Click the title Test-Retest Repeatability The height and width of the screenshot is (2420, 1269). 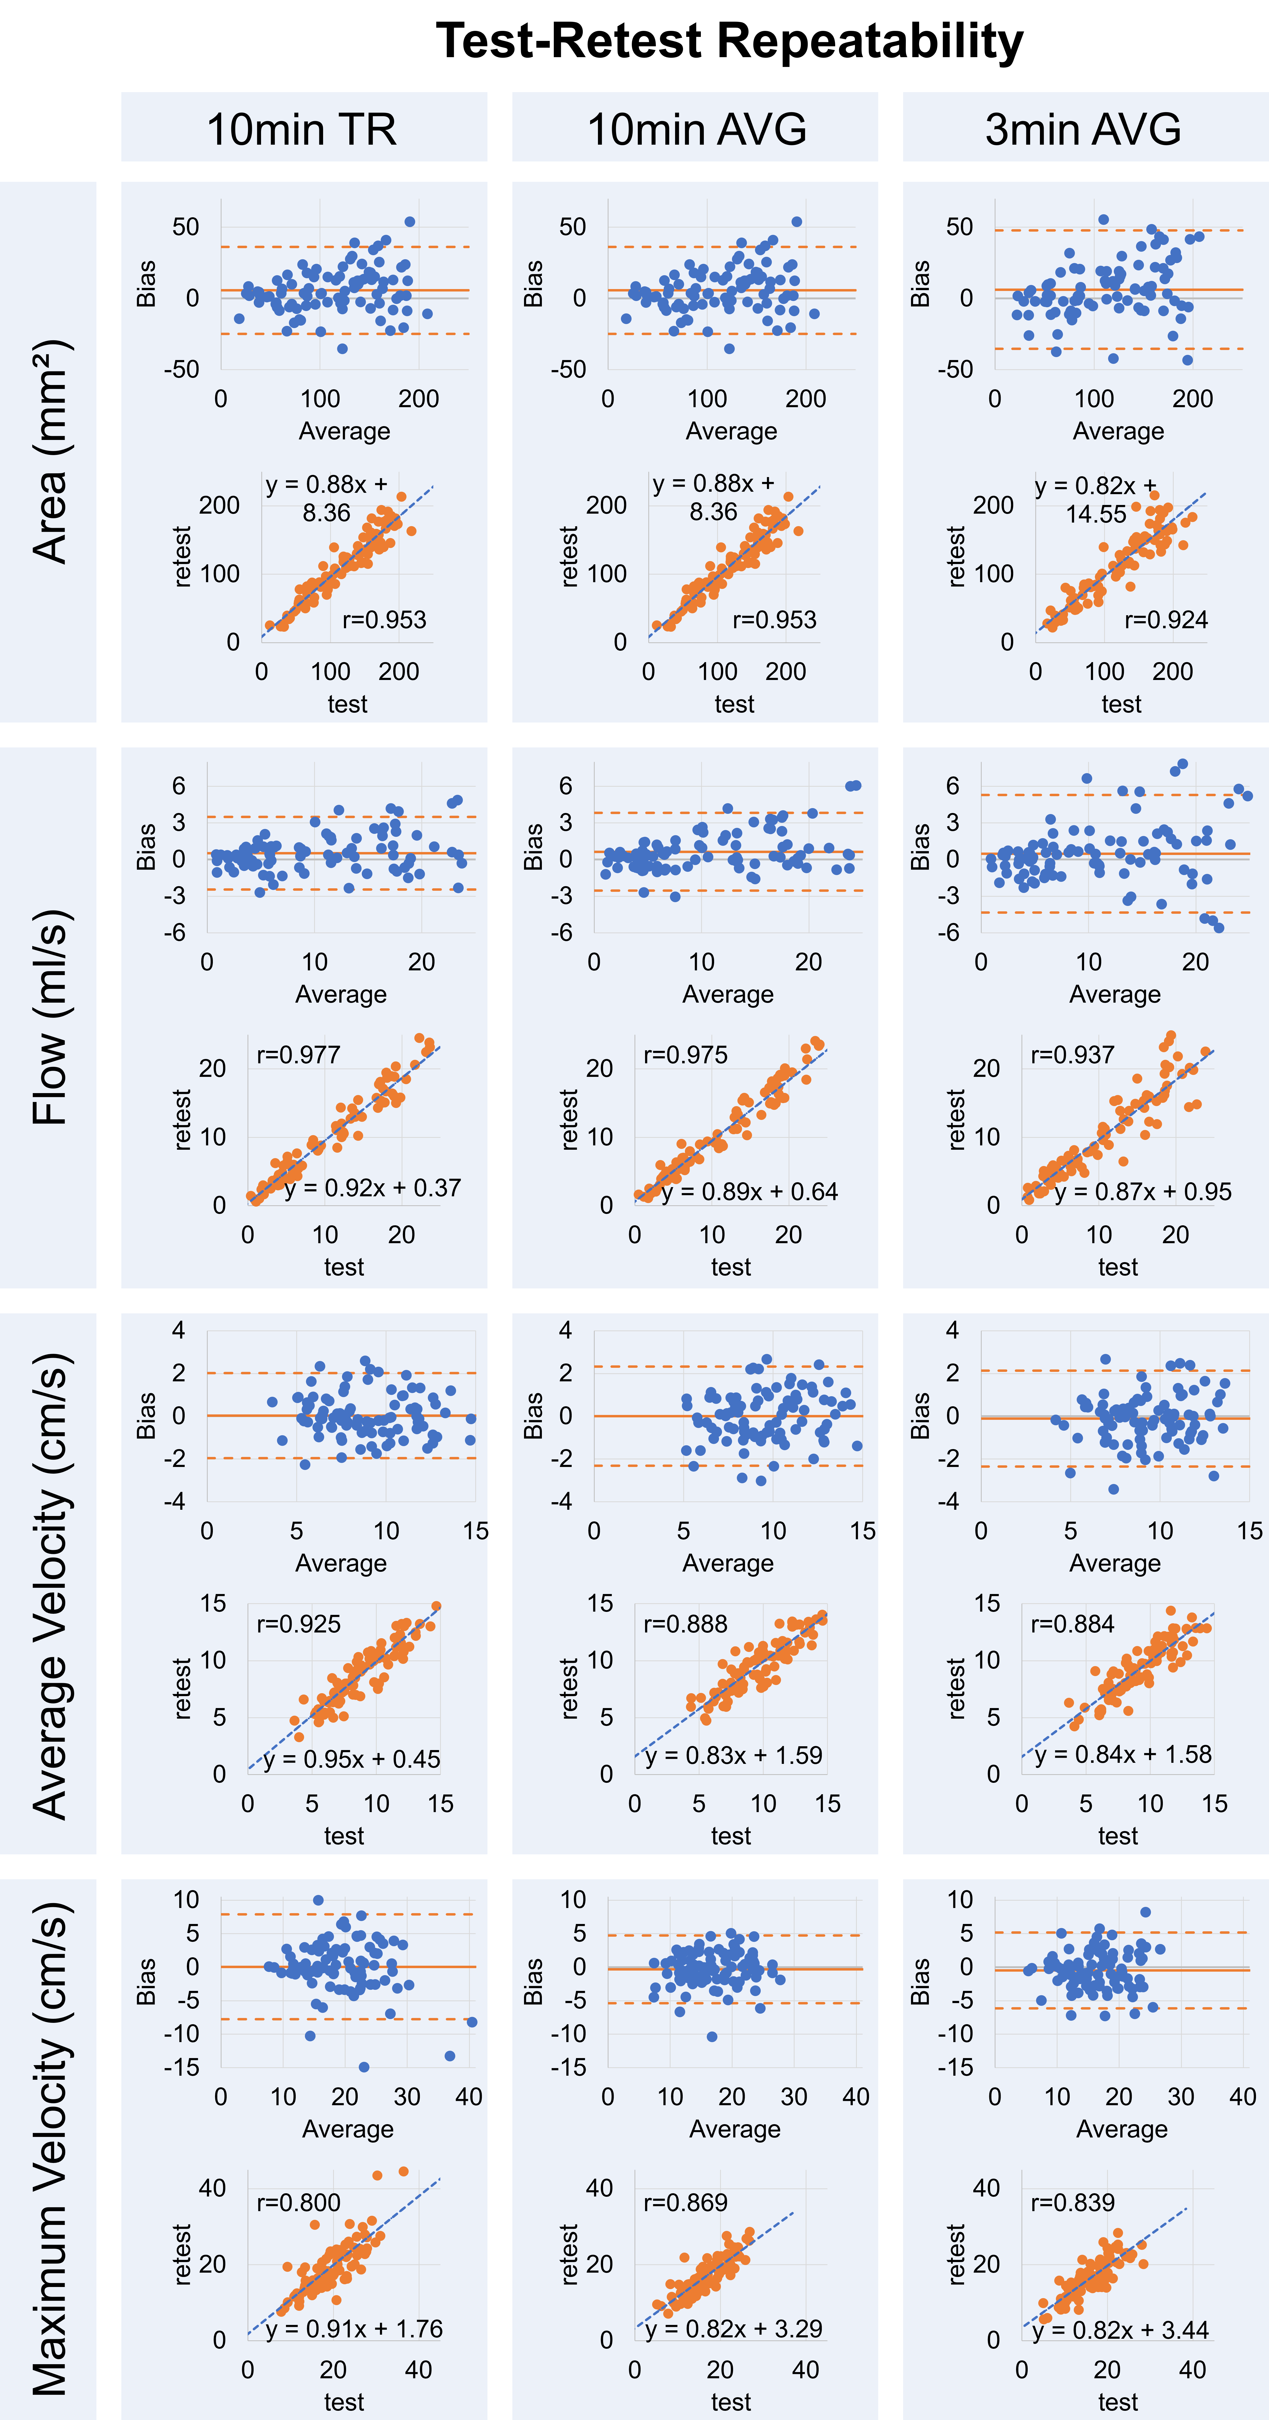click(729, 41)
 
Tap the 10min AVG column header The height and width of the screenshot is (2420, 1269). click(696, 129)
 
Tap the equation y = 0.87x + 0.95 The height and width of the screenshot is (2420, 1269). click(1142, 1192)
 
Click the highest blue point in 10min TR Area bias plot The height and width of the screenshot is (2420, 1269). click(409, 222)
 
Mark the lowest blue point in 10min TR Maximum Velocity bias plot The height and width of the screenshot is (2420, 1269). click(363, 2067)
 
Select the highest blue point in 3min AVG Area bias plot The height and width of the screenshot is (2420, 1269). click(1104, 220)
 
